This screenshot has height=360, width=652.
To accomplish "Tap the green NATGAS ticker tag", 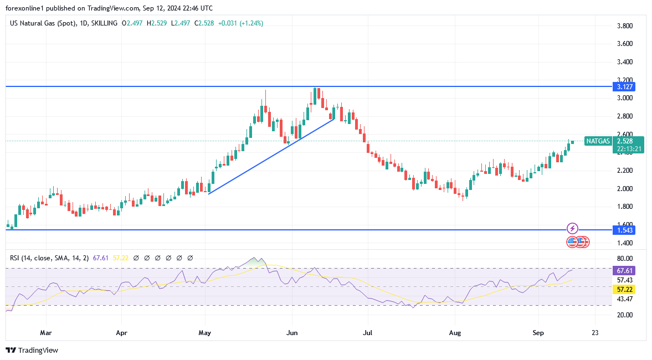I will point(598,141).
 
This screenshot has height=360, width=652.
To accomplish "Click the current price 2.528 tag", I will point(628,141).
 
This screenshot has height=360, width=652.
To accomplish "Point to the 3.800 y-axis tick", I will point(625,26).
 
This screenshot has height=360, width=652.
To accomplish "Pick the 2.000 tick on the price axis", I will point(625,188).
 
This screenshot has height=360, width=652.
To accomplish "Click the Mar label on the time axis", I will point(46,333).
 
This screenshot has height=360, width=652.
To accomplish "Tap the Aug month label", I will point(455,333).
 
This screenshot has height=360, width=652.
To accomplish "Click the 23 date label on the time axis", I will point(595,333).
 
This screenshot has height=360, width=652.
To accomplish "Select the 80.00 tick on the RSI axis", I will point(625,259).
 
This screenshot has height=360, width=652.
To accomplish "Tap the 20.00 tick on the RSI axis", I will point(625,315).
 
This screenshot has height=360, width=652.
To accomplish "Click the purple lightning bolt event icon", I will point(573,228).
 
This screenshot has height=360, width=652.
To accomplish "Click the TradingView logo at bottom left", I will point(32,350).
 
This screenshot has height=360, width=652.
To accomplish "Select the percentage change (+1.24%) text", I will point(248,23).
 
